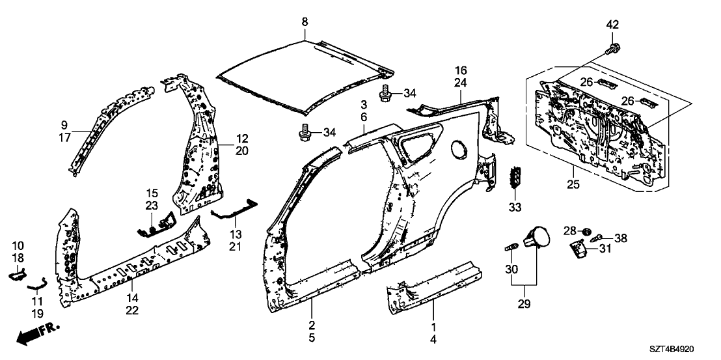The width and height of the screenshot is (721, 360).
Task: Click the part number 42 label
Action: click(612, 25)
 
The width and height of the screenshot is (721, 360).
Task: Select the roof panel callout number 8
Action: click(305, 23)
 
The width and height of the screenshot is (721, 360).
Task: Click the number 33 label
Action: click(516, 208)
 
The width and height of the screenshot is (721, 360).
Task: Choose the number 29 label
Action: click(524, 303)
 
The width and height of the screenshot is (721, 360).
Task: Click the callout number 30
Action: click(511, 270)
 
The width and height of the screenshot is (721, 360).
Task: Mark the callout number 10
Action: click(18, 245)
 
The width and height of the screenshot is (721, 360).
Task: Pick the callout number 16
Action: click(461, 70)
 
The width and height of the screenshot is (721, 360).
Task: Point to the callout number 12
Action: click(241, 138)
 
